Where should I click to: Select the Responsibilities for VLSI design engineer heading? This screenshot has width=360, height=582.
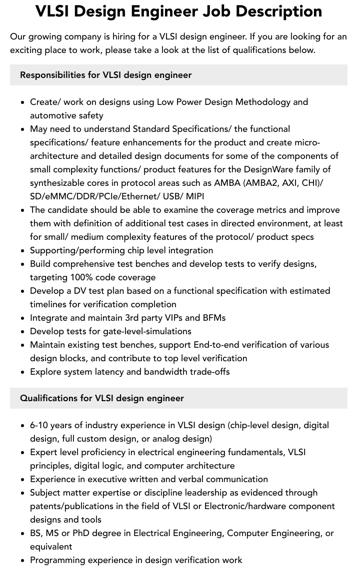[105, 75]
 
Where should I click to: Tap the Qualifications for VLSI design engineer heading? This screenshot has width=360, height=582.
[101, 398]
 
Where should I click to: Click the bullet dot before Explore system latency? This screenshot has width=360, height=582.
[23, 372]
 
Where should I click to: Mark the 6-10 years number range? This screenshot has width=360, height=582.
[39, 425]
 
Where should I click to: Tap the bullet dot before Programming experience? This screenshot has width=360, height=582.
[23, 560]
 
